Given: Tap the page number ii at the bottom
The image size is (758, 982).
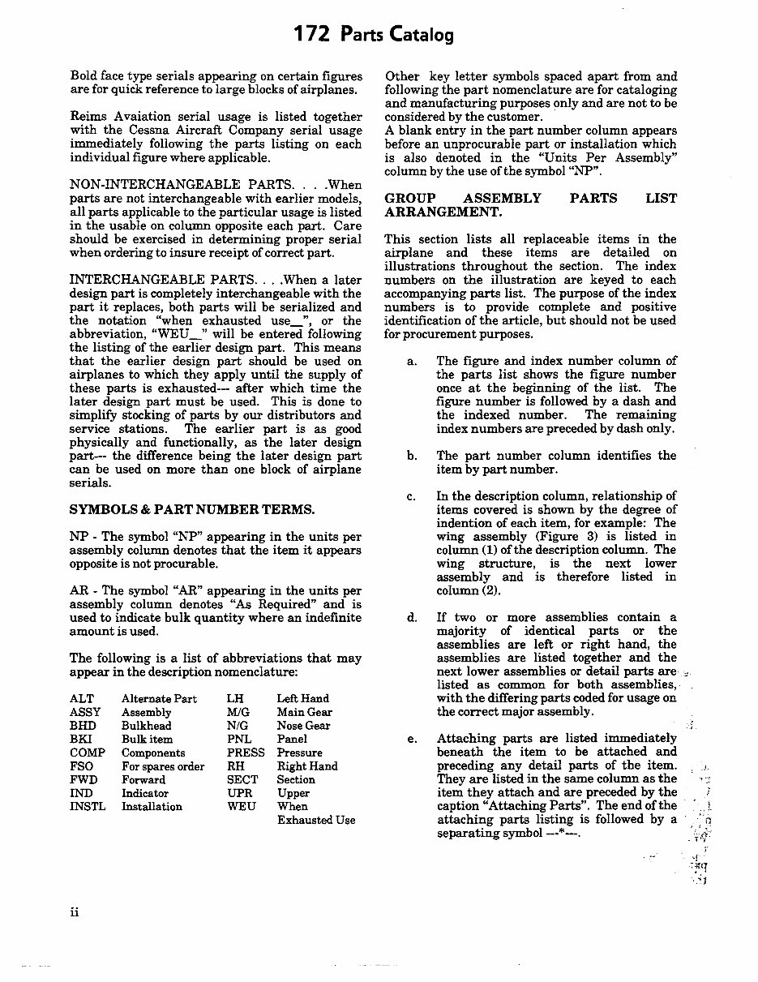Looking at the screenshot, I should point(75,912).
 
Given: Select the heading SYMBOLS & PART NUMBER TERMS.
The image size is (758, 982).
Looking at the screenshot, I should point(192,509).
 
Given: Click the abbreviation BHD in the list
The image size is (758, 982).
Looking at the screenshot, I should point(83,726).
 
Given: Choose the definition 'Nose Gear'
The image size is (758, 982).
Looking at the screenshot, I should point(303,726).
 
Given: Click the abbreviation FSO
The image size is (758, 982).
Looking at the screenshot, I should point(82,766).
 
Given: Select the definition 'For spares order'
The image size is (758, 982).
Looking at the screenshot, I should point(163,766).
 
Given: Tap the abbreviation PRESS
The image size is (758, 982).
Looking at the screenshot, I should point(246,753).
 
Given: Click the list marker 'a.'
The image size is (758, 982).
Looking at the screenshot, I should point(412,361).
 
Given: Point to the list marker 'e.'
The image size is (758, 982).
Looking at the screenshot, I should point(412,739).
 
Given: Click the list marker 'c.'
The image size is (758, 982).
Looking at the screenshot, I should point(412,496).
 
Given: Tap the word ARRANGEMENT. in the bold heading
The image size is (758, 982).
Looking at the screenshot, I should point(443,212).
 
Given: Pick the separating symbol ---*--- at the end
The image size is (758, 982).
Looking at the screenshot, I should point(549,834).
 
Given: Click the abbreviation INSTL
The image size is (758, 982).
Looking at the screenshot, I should point(86,807).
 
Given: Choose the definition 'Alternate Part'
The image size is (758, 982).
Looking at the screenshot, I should point(159,698).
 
